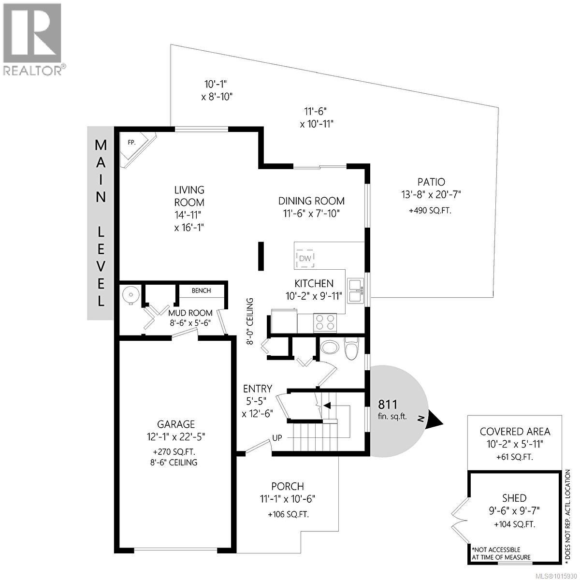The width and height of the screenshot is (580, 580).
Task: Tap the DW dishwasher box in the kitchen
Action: tap(304, 258)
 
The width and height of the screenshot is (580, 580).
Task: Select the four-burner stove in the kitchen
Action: tap(325, 322)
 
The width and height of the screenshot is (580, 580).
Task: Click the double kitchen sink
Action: tap(355, 290)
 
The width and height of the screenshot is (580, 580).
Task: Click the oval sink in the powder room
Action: tap(331, 347)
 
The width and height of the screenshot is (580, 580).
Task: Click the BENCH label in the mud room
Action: tap(201, 290)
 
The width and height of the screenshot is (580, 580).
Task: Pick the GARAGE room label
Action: tap(175, 424)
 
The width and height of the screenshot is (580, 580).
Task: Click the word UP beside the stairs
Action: tap(277, 438)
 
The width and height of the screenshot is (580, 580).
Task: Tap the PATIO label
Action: tap(431, 182)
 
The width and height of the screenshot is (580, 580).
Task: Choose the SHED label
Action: tap(514, 498)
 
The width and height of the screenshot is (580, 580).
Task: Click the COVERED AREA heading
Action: tap(515, 432)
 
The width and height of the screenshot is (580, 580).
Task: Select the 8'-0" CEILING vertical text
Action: tap(250, 321)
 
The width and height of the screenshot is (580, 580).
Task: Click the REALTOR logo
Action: tap(33, 39)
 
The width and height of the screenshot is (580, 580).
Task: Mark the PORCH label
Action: tap(288, 486)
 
